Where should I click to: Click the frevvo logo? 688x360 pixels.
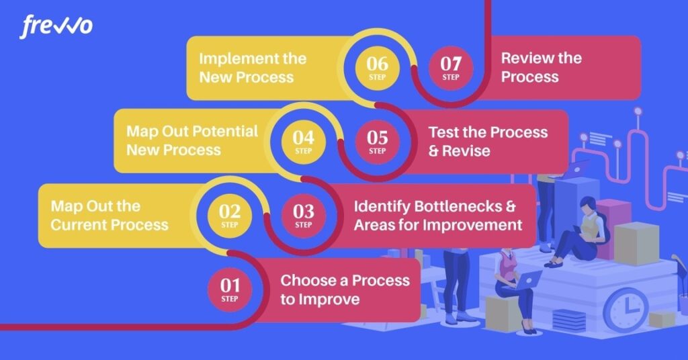click(x=56, y=27)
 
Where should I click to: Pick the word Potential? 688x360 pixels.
click(x=222, y=131)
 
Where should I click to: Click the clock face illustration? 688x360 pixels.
click(x=626, y=310)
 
